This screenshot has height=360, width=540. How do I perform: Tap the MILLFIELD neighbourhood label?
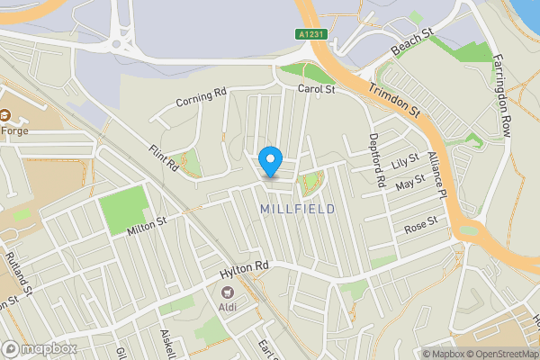[x=297, y=209]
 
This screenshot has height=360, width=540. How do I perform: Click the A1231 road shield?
[x=310, y=34]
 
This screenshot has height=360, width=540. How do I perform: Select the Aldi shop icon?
[x=228, y=292]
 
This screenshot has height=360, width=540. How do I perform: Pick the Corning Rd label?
[x=201, y=97]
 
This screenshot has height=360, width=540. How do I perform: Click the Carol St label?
[x=317, y=90]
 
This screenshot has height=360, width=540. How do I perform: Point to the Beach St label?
[x=412, y=41]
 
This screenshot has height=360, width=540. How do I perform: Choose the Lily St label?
[x=407, y=162]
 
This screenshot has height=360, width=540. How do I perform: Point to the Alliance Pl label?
[x=437, y=175]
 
